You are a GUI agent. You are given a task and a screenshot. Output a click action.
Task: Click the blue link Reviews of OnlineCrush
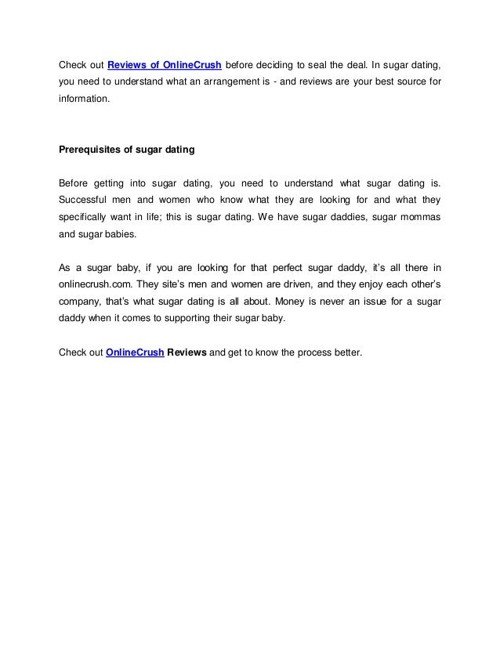pos(164,63)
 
